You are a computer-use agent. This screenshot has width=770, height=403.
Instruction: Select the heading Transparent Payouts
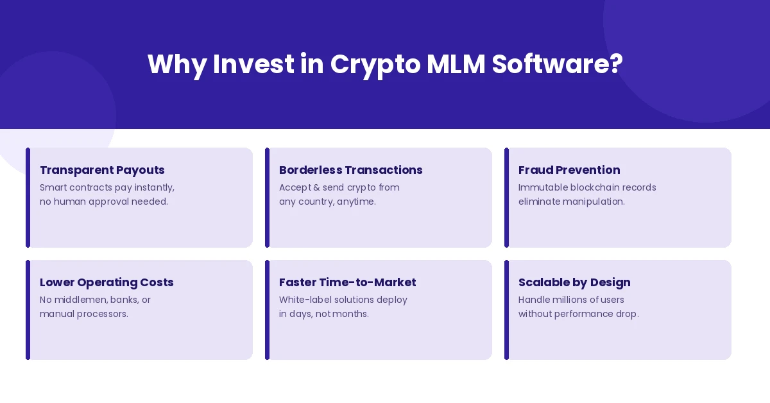(x=102, y=170)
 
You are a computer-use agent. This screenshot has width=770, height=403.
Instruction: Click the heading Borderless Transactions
(x=350, y=170)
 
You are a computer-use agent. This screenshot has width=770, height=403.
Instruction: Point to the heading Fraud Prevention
(x=569, y=170)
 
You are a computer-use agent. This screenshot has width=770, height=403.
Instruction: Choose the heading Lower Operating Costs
(x=107, y=282)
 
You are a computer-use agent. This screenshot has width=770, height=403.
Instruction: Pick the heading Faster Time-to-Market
(x=347, y=282)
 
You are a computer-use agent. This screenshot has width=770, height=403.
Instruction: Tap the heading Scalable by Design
(x=574, y=282)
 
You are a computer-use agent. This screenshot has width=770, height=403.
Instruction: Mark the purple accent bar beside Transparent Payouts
(x=28, y=198)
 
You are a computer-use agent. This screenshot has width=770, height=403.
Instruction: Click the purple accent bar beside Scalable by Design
(x=506, y=310)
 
